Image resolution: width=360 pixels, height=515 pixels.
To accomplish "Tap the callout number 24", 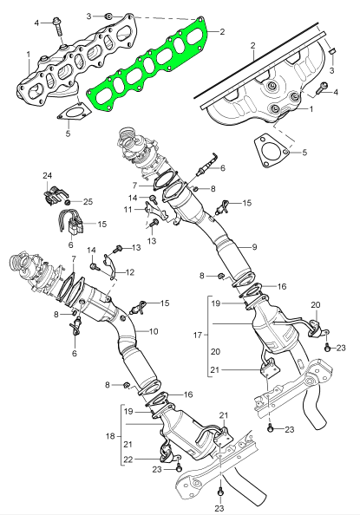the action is [48, 176].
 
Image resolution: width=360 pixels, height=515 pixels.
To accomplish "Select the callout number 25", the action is [88, 201].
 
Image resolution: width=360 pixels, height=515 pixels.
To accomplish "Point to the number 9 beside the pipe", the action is [254, 247].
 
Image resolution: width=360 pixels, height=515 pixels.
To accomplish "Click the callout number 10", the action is [154, 331].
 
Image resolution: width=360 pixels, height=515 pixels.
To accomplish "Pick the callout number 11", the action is [128, 209].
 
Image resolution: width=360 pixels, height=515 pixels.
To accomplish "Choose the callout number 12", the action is [130, 272].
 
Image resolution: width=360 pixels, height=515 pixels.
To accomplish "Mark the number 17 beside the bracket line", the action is [198, 336].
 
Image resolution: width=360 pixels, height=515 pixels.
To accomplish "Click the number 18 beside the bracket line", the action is [110, 436].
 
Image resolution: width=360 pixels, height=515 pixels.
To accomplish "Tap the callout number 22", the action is [128, 460].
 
